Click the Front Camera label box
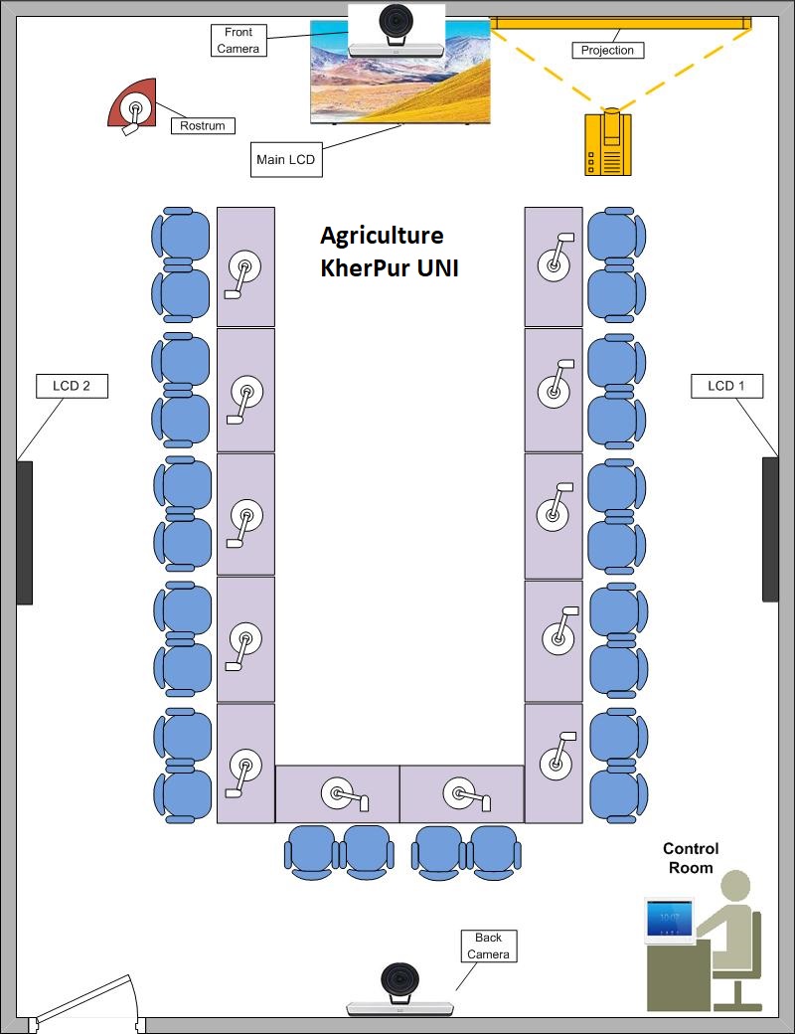click(238, 41)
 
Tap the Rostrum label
click(203, 125)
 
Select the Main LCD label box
click(285, 159)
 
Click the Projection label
click(607, 50)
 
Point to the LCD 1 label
click(726, 386)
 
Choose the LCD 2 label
click(72, 386)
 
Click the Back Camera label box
click(488, 946)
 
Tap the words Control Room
click(691, 858)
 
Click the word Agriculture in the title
click(382, 236)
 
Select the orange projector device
click(607, 144)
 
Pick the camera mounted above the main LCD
click(397, 28)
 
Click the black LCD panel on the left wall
click(24, 532)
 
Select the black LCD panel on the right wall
click(770, 529)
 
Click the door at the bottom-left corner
click(84, 999)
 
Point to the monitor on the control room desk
click(669, 920)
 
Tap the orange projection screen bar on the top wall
click(621, 22)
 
